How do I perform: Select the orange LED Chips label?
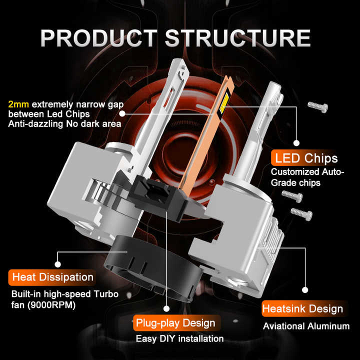(x=304, y=158)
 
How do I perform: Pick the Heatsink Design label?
(x=302, y=308)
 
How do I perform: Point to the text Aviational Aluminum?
(x=306, y=326)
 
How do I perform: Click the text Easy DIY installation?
(x=179, y=338)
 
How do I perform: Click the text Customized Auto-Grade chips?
(x=307, y=177)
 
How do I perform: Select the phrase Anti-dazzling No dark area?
(x=64, y=123)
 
